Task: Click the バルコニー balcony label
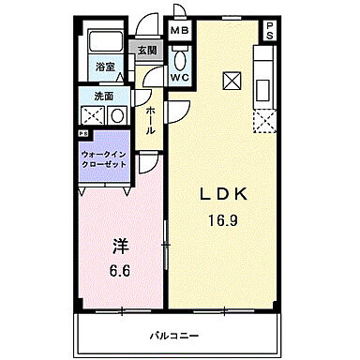click(x=174, y=335)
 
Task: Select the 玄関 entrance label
click(x=148, y=51)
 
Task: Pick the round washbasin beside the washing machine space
click(x=118, y=116)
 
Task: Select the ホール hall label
click(x=150, y=119)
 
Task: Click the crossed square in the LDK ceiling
click(x=231, y=80)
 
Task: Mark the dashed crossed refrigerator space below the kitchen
click(x=264, y=120)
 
